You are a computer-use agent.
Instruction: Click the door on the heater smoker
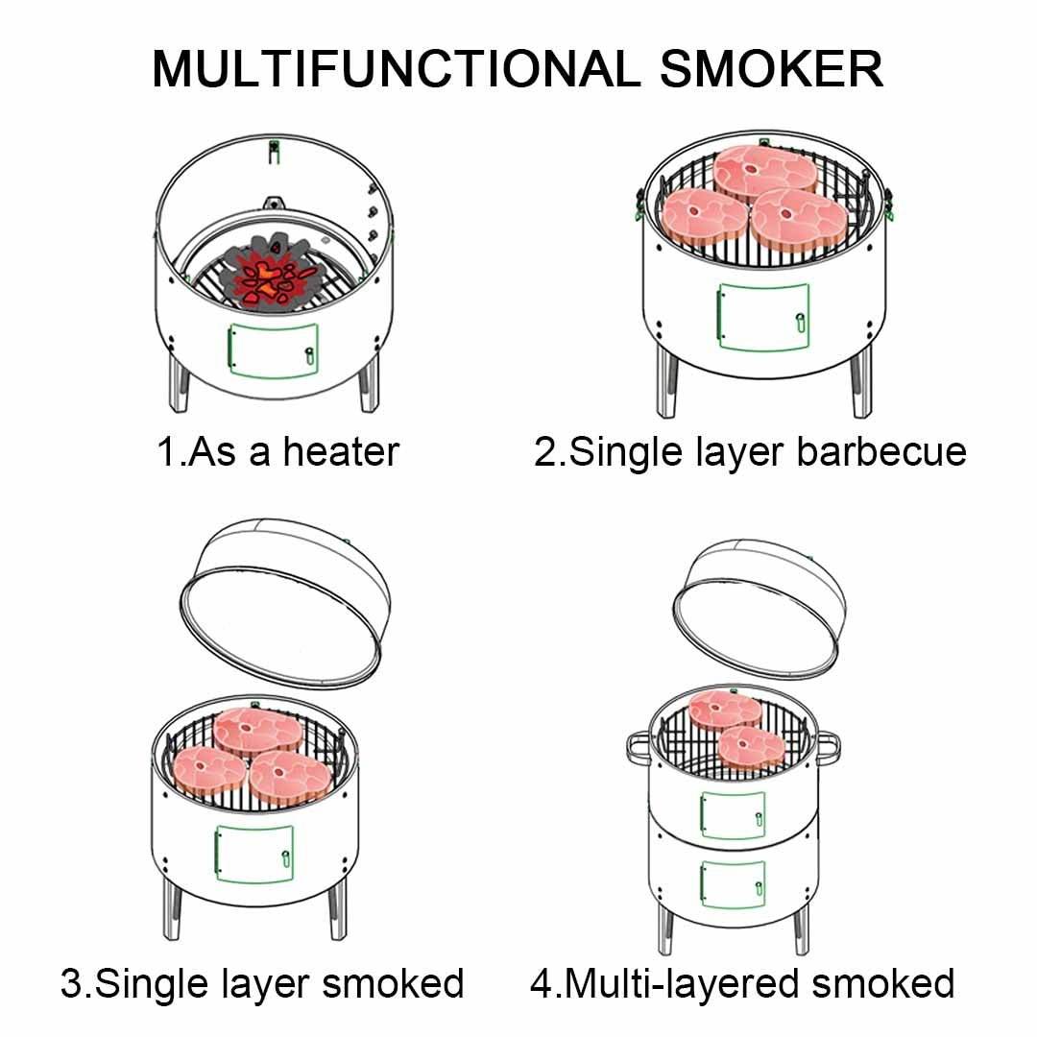pyautogui.click(x=272, y=350)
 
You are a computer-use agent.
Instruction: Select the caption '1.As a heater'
pyautogui.click(x=277, y=451)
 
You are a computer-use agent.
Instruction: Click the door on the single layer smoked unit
pyautogui.click(x=253, y=855)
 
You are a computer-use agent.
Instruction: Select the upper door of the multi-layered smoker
pyautogui.click(x=733, y=814)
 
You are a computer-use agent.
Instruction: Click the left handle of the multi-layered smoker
pyautogui.click(x=637, y=745)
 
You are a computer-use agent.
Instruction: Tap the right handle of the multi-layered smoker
pyautogui.click(x=827, y=744)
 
